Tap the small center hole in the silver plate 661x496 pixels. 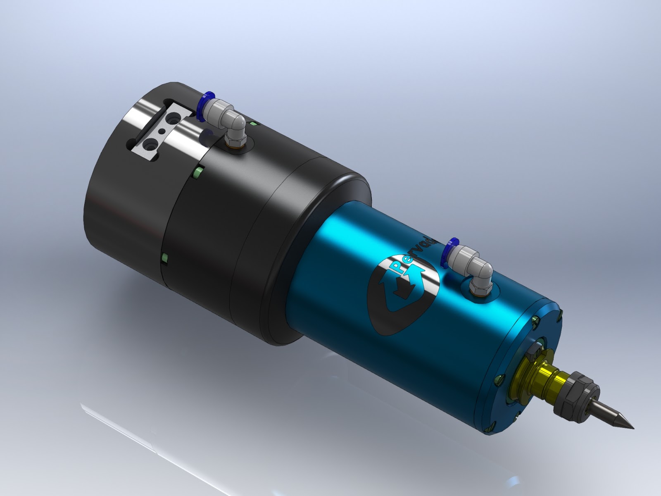point(162,131)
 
